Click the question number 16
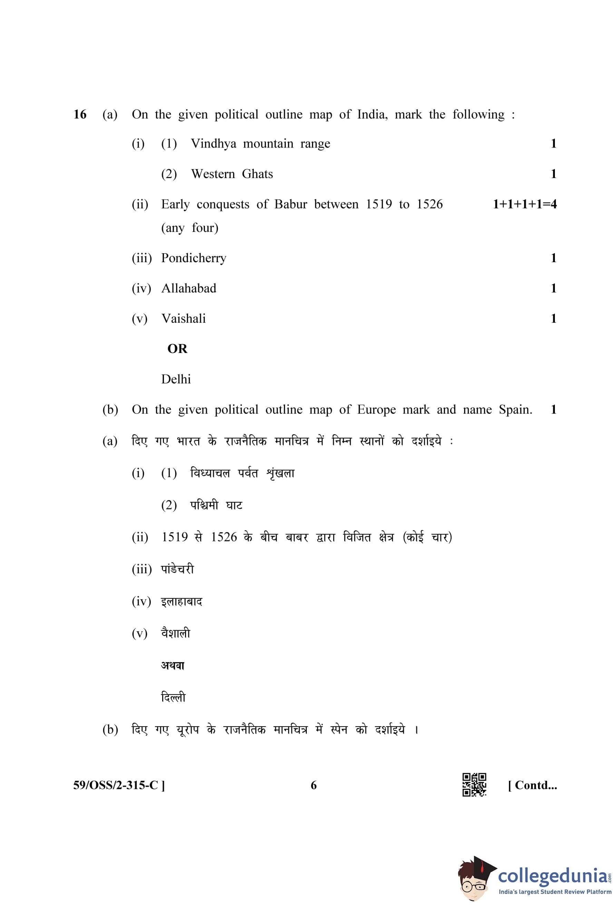(x=80, y=115)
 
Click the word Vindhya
(x=213, y=144)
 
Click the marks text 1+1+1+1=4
(x=525, y=204)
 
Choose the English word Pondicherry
(x=194, y=258)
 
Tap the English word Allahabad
(x=189, y=288)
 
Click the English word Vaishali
(x=183, y=318)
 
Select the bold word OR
(x=177, y=348)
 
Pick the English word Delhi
(x=176, y=379)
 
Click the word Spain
(x=515, y=409)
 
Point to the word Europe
(x=376, y=410)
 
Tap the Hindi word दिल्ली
(x=173, y=697)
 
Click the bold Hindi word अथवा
(x=173, y=665)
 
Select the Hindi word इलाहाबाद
(x=182, y=602)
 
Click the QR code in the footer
(x=474, y=784)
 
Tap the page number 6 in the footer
(x=313, y=785)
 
